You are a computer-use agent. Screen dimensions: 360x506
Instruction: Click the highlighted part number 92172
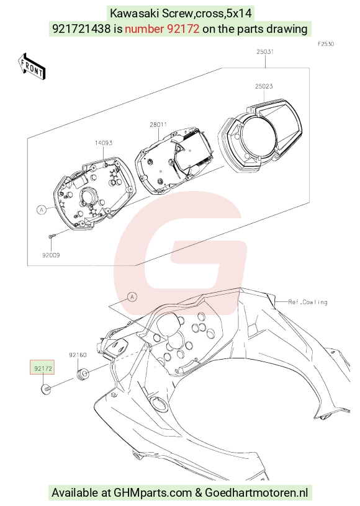click(x=43, y=368)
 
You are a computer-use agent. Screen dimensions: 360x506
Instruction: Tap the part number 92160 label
click(x=78, y=355)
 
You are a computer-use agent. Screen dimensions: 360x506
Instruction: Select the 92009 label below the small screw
click(x=51, y=255)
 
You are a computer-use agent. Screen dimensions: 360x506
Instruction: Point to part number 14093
click(x=103, y=143)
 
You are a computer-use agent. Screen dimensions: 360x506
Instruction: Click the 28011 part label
click(x=158, y=125)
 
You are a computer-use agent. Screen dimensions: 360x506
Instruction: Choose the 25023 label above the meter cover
click(x=264, y=86)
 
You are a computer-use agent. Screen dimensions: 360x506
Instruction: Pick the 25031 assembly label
click(x=265, y=51)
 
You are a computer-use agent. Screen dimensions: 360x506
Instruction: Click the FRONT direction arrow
click(x=31, y=66)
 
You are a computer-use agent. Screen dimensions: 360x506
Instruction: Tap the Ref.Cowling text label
click(x=308, y=302)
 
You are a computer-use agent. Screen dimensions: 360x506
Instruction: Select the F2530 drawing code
click(x=325, y=44)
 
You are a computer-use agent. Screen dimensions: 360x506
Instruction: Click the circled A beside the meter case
click(x=41, y=210)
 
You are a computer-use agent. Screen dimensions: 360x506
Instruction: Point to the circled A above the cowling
click(x=132, y=296)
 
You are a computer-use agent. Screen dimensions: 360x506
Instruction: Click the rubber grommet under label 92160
click(x=83, y=375)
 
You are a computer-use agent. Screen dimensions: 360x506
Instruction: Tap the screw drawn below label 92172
click(x=46, y=389)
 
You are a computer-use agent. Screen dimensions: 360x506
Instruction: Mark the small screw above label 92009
click(x=52, y=236)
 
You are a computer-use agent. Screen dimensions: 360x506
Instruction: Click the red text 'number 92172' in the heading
click(x=162, y=29)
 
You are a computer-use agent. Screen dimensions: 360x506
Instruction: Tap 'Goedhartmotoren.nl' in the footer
click(x=257, y=493)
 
